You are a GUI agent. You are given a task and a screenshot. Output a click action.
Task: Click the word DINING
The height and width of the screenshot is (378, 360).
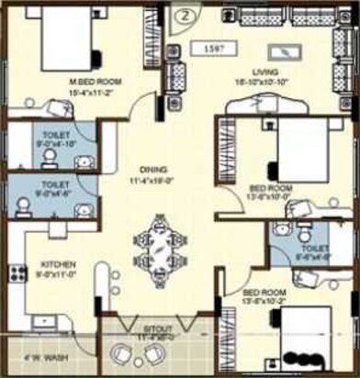point(153,169)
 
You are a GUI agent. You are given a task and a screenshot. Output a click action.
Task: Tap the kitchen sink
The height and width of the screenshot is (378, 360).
point(42,321)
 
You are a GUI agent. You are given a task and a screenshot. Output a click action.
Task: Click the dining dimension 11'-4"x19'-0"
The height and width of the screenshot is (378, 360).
point(153,180)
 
